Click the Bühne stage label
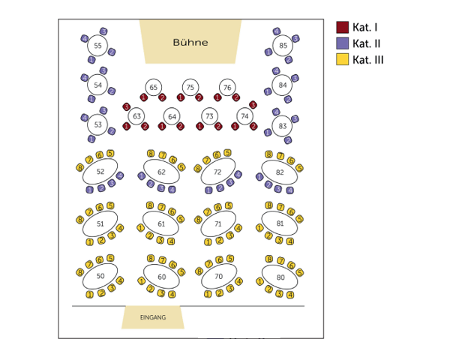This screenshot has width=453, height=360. click(x=190, y=43)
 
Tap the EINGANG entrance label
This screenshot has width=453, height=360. click(x=153, y=317)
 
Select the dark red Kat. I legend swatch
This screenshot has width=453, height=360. click(x=342, y=28)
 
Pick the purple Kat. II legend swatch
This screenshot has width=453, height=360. click(x=342, y=43)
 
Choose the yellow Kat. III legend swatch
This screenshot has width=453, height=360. click(x=342, y=59)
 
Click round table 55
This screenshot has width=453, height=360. click(x=98, y=46)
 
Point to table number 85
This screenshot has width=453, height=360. click(x=283, y=46)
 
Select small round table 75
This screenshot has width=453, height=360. click(x=190, y=88)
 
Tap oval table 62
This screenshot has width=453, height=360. click(x=161, y=172)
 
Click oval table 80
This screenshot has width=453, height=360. click(x=280, y=277)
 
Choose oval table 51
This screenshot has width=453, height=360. click(x=100, y=223)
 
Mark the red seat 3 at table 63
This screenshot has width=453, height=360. click(x=126, y=106)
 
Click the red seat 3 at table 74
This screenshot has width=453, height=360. click(x=253, y=105)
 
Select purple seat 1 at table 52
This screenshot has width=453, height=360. click(x=91, y=189)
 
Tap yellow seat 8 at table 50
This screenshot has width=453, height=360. click(x=80, y=272)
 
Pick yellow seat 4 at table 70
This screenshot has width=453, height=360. click(x=239, y=281)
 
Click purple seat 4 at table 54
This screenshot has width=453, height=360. click(x=84, y=77)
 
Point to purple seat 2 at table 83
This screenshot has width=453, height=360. click(x=287, y=139)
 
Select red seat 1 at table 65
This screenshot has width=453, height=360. click(x=144, y=97)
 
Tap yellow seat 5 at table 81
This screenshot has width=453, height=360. click(x=299, y=220)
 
